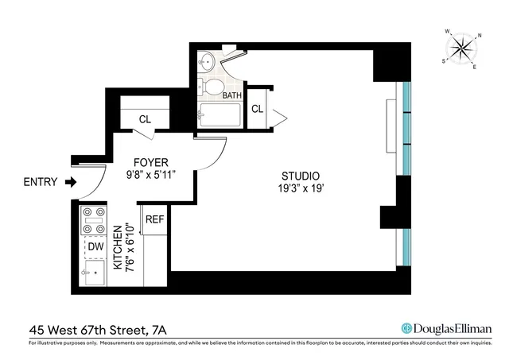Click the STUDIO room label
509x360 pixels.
301,176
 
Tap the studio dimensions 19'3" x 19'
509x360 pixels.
301,188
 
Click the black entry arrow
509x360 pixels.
71,182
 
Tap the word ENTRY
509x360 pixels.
41,182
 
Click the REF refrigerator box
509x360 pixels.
153,219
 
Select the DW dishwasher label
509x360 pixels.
95,247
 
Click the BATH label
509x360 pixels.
231,95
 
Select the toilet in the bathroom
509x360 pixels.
213,86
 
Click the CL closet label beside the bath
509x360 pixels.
258,109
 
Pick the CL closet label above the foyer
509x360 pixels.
145,119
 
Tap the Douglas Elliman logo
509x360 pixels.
446,328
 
